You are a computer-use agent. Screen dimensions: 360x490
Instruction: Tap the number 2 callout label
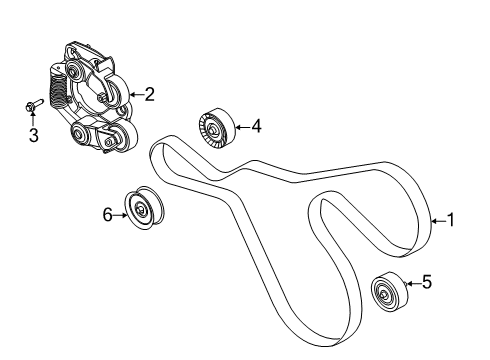pyautogui.click(x=149, y=95)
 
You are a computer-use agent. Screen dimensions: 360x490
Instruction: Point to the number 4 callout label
pyautogui.click(x=256, y=127)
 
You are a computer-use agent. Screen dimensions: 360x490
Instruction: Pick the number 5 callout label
pyautogui.click(x=427, y=284)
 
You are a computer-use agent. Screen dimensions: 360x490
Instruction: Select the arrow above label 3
pyautogui.click(x=32, y=119)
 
